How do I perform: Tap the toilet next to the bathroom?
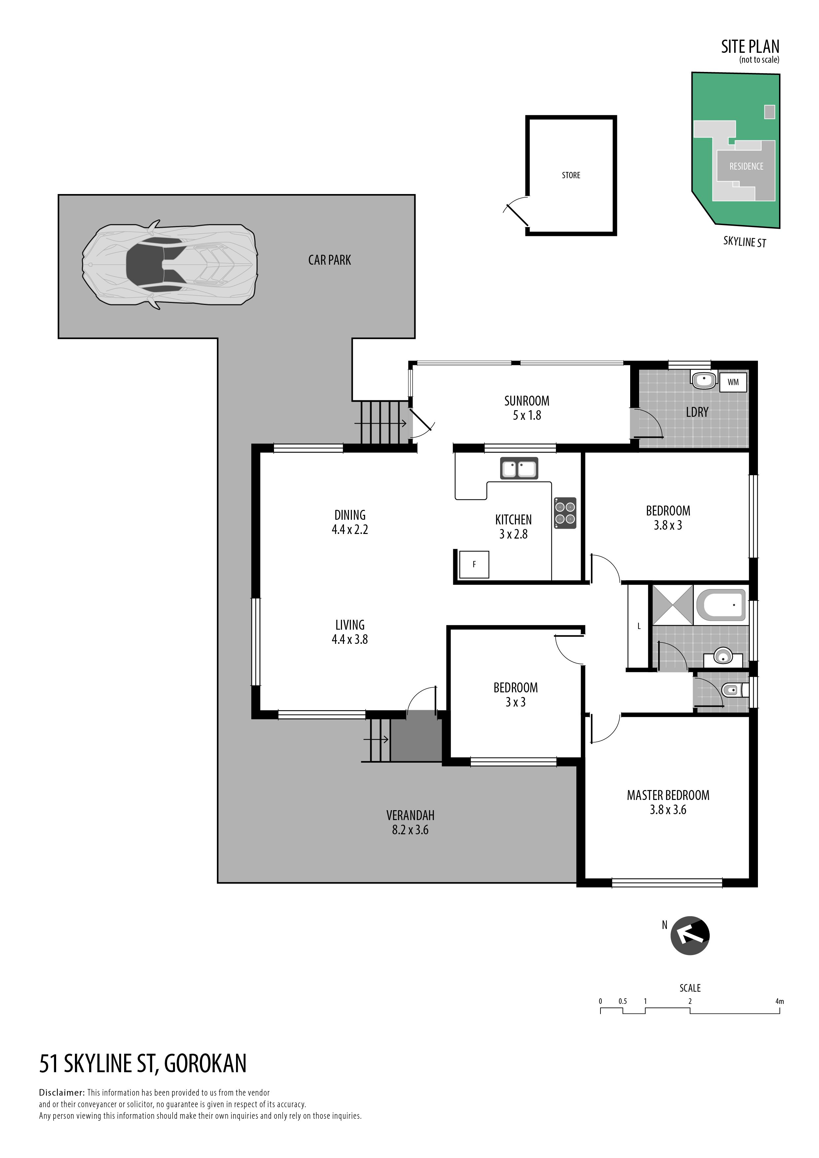(732, 689)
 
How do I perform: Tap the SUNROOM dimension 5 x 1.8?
(527, 415)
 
